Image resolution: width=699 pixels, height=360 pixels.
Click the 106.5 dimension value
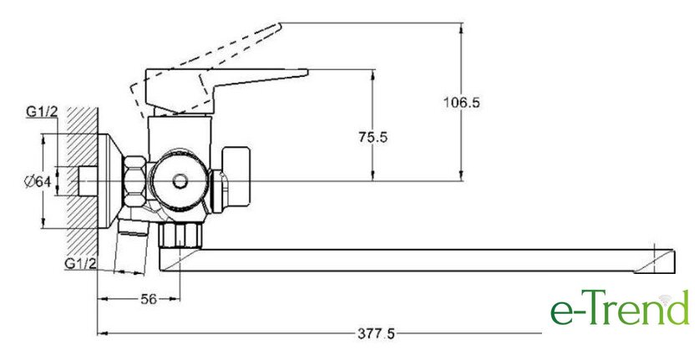[462, 103]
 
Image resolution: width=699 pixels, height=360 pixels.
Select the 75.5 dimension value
[373, 138]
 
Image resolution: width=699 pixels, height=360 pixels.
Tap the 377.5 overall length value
[373, 334]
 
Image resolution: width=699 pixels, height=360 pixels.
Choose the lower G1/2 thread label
[82, 264]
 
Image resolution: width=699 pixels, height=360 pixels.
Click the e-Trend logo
[619, 310]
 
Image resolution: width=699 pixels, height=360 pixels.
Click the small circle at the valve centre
[179, 180]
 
